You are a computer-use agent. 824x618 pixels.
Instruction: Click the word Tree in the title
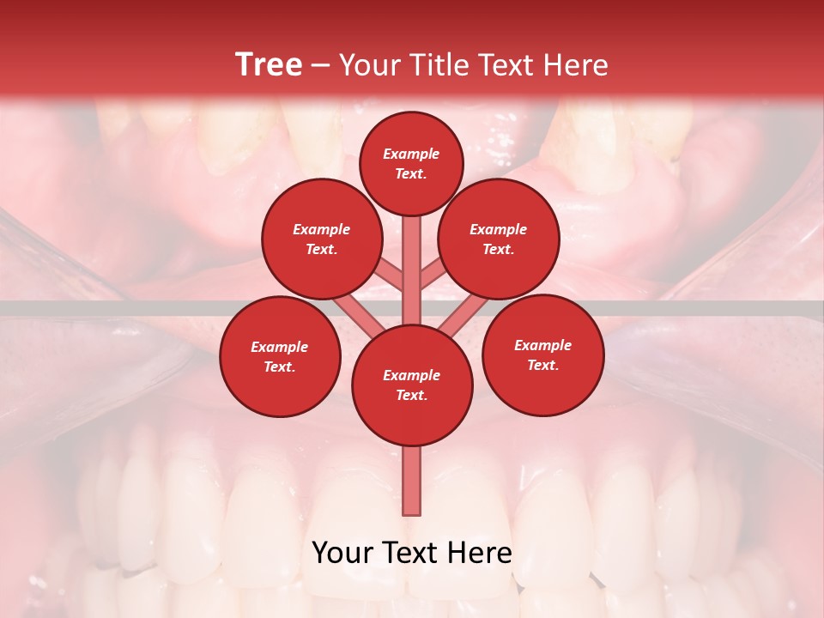point(269,64)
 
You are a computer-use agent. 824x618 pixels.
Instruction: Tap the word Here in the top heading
point(576,64)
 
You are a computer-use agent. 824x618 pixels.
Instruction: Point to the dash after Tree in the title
point(321,66)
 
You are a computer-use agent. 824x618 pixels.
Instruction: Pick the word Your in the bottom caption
point(342,553)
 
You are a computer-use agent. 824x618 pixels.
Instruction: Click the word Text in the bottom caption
point(409,553)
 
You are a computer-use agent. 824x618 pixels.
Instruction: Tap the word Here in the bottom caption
point(479,553)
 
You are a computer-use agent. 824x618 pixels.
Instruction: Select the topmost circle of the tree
point(411,163)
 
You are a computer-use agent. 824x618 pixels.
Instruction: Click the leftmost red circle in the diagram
point(280,356)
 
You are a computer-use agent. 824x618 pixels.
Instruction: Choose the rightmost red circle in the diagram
point(542,354)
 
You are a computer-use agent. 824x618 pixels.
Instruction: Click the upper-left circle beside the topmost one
point(321,239)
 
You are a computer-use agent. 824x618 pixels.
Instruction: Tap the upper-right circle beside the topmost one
point(499,239)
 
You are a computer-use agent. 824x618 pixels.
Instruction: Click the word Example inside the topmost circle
point(411,154)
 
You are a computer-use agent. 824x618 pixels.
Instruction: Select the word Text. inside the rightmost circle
point(542,365)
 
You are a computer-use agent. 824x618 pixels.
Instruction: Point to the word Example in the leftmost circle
point(279,348)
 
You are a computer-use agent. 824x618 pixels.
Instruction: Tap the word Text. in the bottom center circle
point(411,395)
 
